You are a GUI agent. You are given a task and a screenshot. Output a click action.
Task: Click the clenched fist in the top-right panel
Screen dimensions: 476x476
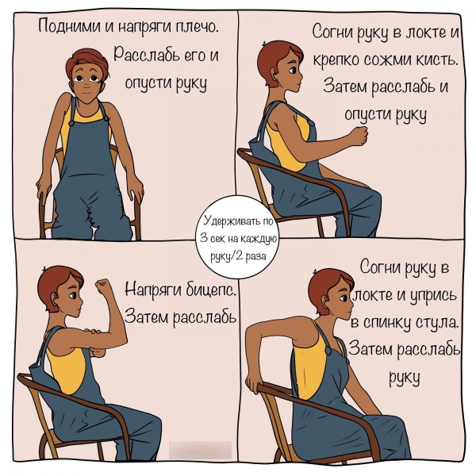click(x=359, y=136)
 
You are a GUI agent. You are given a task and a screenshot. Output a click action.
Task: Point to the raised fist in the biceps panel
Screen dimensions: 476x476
click(x=103, y=286)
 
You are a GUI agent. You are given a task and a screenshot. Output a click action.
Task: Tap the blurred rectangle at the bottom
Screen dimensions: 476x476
click(x=200, y=450)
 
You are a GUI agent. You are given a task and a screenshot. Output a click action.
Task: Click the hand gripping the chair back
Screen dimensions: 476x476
click(x=253, y=384)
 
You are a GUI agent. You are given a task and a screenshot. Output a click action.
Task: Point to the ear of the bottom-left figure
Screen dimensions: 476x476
click(x=55, y=299)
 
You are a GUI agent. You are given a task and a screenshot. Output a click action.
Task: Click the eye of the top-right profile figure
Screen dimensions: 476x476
click(x=292, y=71)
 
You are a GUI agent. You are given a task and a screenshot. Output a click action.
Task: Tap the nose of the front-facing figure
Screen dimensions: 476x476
click(x=86, y=82)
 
